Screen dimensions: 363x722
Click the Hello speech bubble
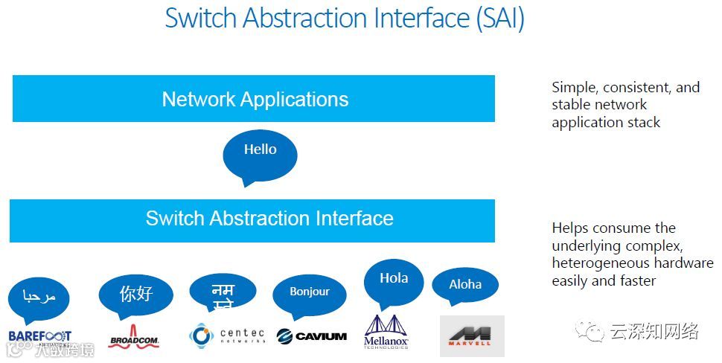tap(260, 153)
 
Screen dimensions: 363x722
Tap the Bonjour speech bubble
tap(309, 293)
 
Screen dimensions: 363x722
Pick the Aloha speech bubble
tap(465, 286)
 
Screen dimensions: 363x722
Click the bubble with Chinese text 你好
tap(135, 295)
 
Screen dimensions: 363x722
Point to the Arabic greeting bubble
tap(39, 298)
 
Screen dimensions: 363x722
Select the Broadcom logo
tap(134, 337)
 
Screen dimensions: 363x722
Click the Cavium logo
tap(311, 336)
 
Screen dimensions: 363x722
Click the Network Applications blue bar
tap(254, 99)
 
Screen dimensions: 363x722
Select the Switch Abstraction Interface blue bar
tap(252, 219)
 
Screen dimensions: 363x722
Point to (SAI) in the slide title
tap(499, 19)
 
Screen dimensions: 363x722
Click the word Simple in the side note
tap(574, 88)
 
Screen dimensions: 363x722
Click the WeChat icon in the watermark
tap(593, 331)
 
